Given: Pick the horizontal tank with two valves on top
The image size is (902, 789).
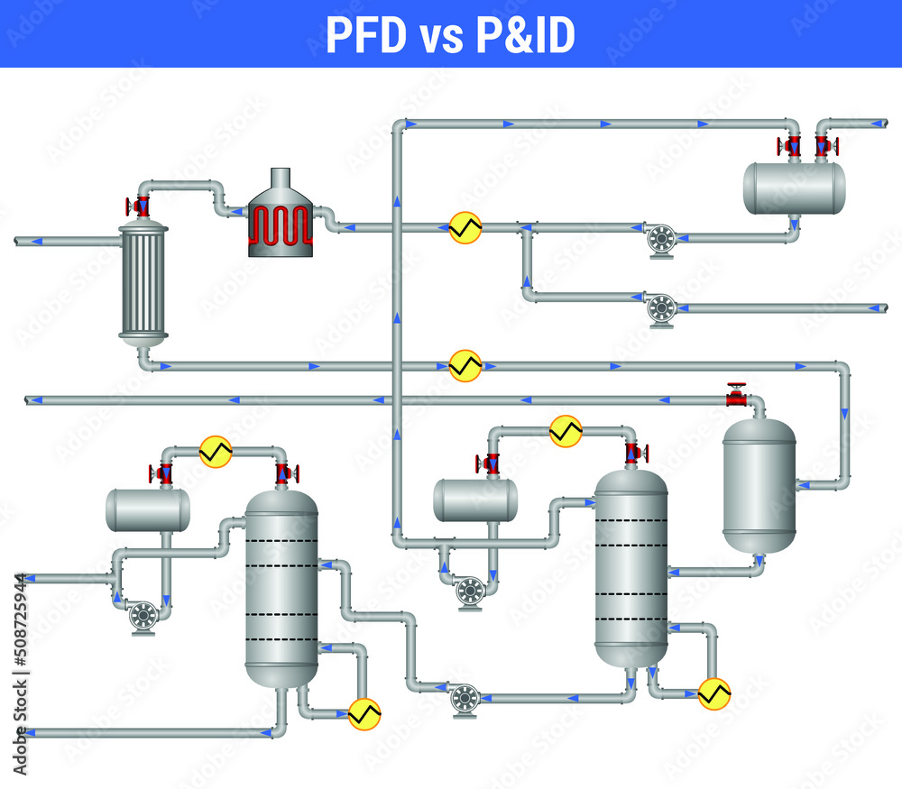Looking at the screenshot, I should pyautogui.click(x=794, y=188).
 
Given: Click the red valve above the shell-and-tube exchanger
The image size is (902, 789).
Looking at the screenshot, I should pyautogui.click(x=141, y=206).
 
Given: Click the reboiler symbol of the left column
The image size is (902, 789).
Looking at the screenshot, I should pyautogui.click(x=364, y=713).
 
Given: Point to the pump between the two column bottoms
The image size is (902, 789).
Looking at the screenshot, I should pyautogui.click(x=465, y=697).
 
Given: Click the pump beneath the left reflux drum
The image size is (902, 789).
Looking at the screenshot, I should pyautogui.click(x=143, y=617).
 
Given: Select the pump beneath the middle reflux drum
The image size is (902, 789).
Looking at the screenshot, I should pyautogui.click(x=470, y=592).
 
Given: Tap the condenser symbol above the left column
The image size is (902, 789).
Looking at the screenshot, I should pyautogui.click(x=216, y=451).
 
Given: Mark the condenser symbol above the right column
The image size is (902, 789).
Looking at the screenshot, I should pyautogui.click(x=566, y=431).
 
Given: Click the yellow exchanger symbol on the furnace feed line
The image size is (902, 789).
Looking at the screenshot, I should pyautogui.click(x=465, y=227).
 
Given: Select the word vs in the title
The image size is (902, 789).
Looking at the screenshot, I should pyautogui.click(x=441, y=35).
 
